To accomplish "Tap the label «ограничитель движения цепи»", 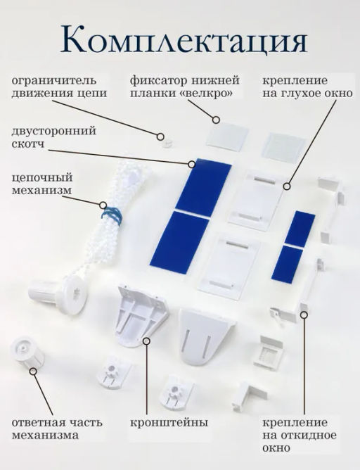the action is (x=59, y=87).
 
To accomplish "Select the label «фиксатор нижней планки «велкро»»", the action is (x=185, y=87).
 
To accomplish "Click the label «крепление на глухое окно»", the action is (x=307, y=87).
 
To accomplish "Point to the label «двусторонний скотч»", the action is (x=54, y=137).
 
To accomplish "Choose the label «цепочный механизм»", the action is (x=42, y=184).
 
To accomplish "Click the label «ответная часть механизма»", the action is (x=57, y=428).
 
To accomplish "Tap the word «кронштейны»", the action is (x=169, y=423).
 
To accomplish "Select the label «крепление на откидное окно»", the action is (x=300, y=435).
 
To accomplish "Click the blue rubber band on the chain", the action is (x=111, y=215).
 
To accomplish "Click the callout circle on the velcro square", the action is (x=216, y=120).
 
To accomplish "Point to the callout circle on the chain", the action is (x=103, y=205).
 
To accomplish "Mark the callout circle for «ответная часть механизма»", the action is (x=34, y=371).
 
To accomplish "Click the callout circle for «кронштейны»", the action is (x=146, y=341).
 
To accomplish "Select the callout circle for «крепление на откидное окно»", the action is (x=304, y=315).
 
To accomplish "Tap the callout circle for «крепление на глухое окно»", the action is (x=287, y=186).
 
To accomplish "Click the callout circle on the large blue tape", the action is (x=192, y=164).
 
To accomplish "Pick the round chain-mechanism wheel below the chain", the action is (x=75, y=296).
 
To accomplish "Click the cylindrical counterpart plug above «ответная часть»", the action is (x=27, y=352).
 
